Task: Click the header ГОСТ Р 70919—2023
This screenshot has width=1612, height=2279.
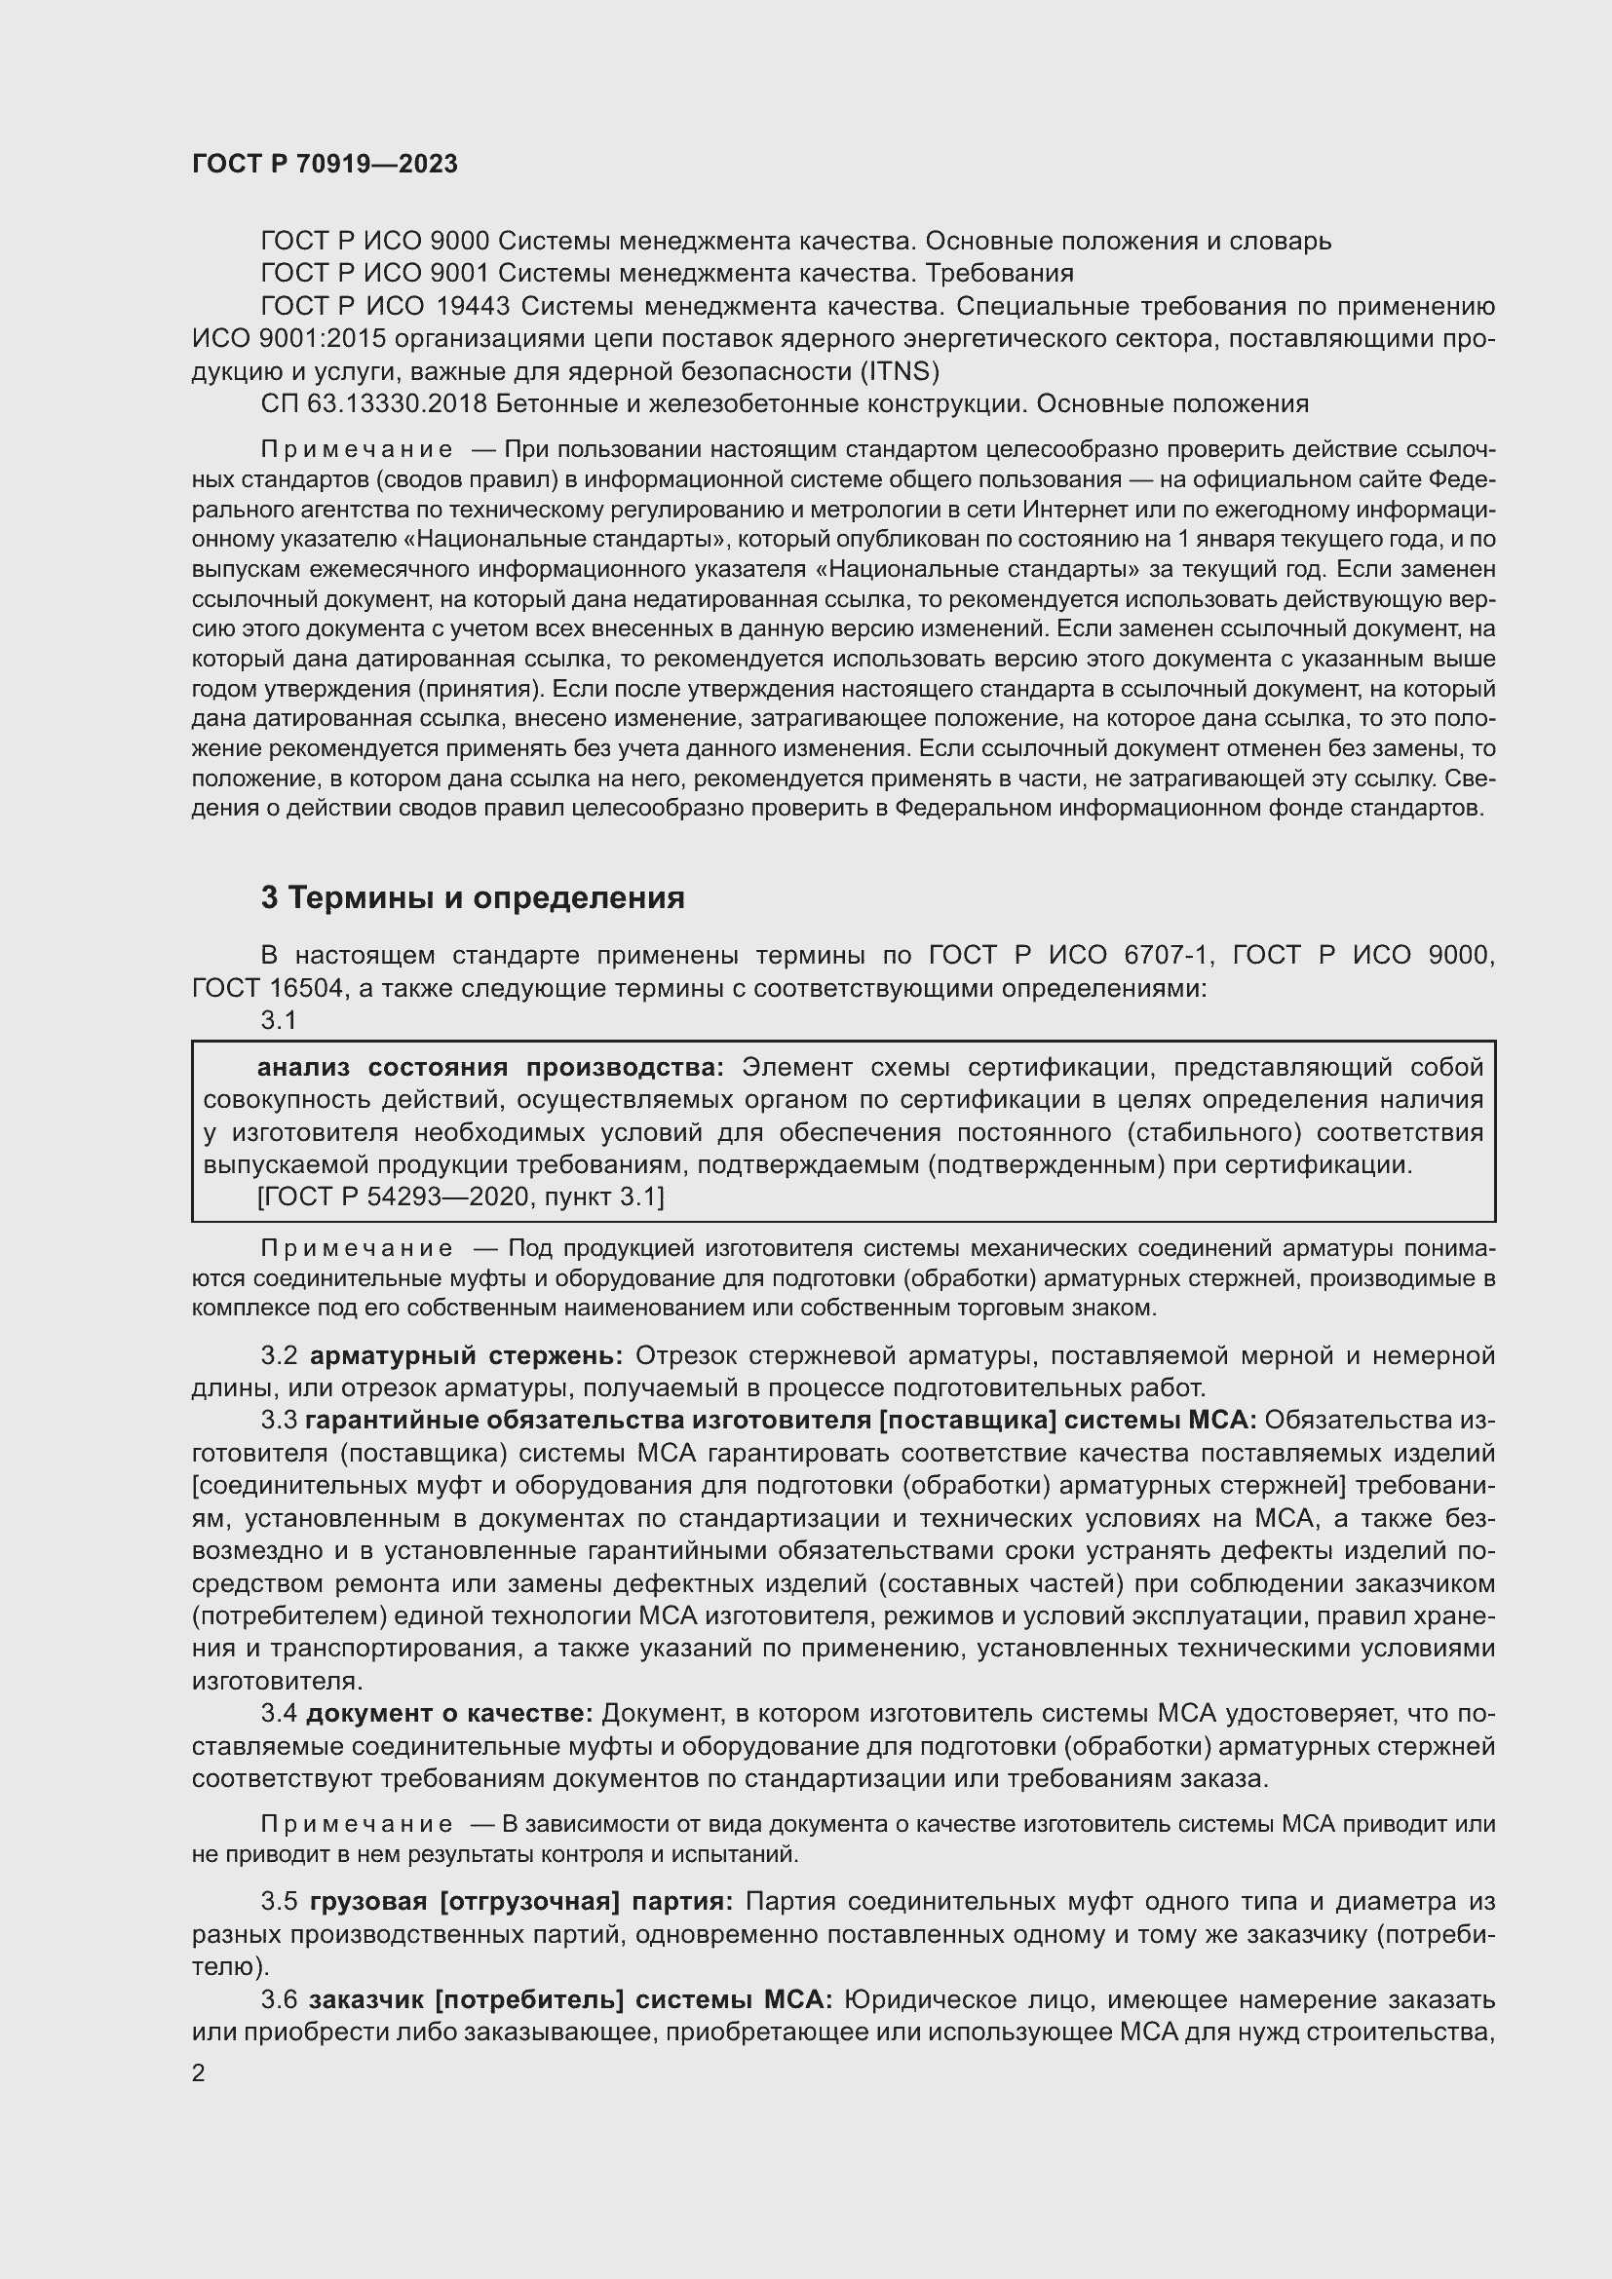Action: point(325,164)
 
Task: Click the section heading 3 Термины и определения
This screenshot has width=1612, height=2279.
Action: point(473,897)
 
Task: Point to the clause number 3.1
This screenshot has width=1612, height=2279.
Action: point(279,1019)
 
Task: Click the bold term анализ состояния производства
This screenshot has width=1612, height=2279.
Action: point(490,1067)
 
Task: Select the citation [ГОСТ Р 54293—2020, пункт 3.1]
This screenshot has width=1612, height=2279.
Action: point(461,1197)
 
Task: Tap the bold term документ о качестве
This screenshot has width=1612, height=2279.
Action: point(448,1713)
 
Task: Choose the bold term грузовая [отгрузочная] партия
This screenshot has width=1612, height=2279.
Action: point(521,1902)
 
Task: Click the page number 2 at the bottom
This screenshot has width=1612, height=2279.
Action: point(199,2073)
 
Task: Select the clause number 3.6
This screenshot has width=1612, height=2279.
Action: point(279,1999)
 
